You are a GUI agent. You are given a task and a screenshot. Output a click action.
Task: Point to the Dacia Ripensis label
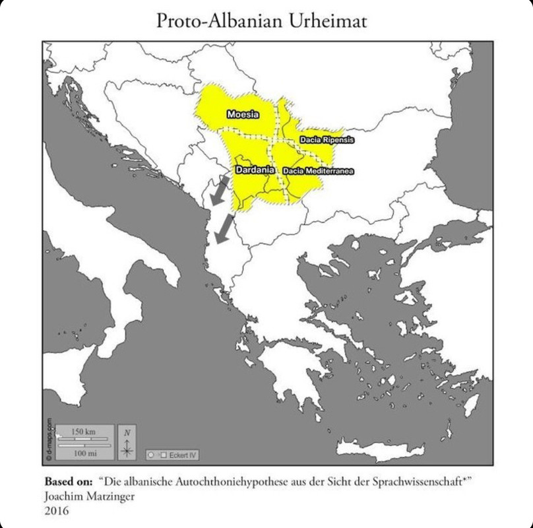click(327, 140)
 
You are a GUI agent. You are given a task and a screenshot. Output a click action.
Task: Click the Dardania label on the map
click(255, 170)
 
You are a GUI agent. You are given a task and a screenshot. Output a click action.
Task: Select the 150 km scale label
click(83, 431)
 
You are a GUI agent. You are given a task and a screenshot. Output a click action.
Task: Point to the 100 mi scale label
click(83, 453)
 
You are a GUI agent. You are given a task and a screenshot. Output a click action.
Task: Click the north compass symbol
click(127, 442)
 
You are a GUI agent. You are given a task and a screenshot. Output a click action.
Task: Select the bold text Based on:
click(68, 481)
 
